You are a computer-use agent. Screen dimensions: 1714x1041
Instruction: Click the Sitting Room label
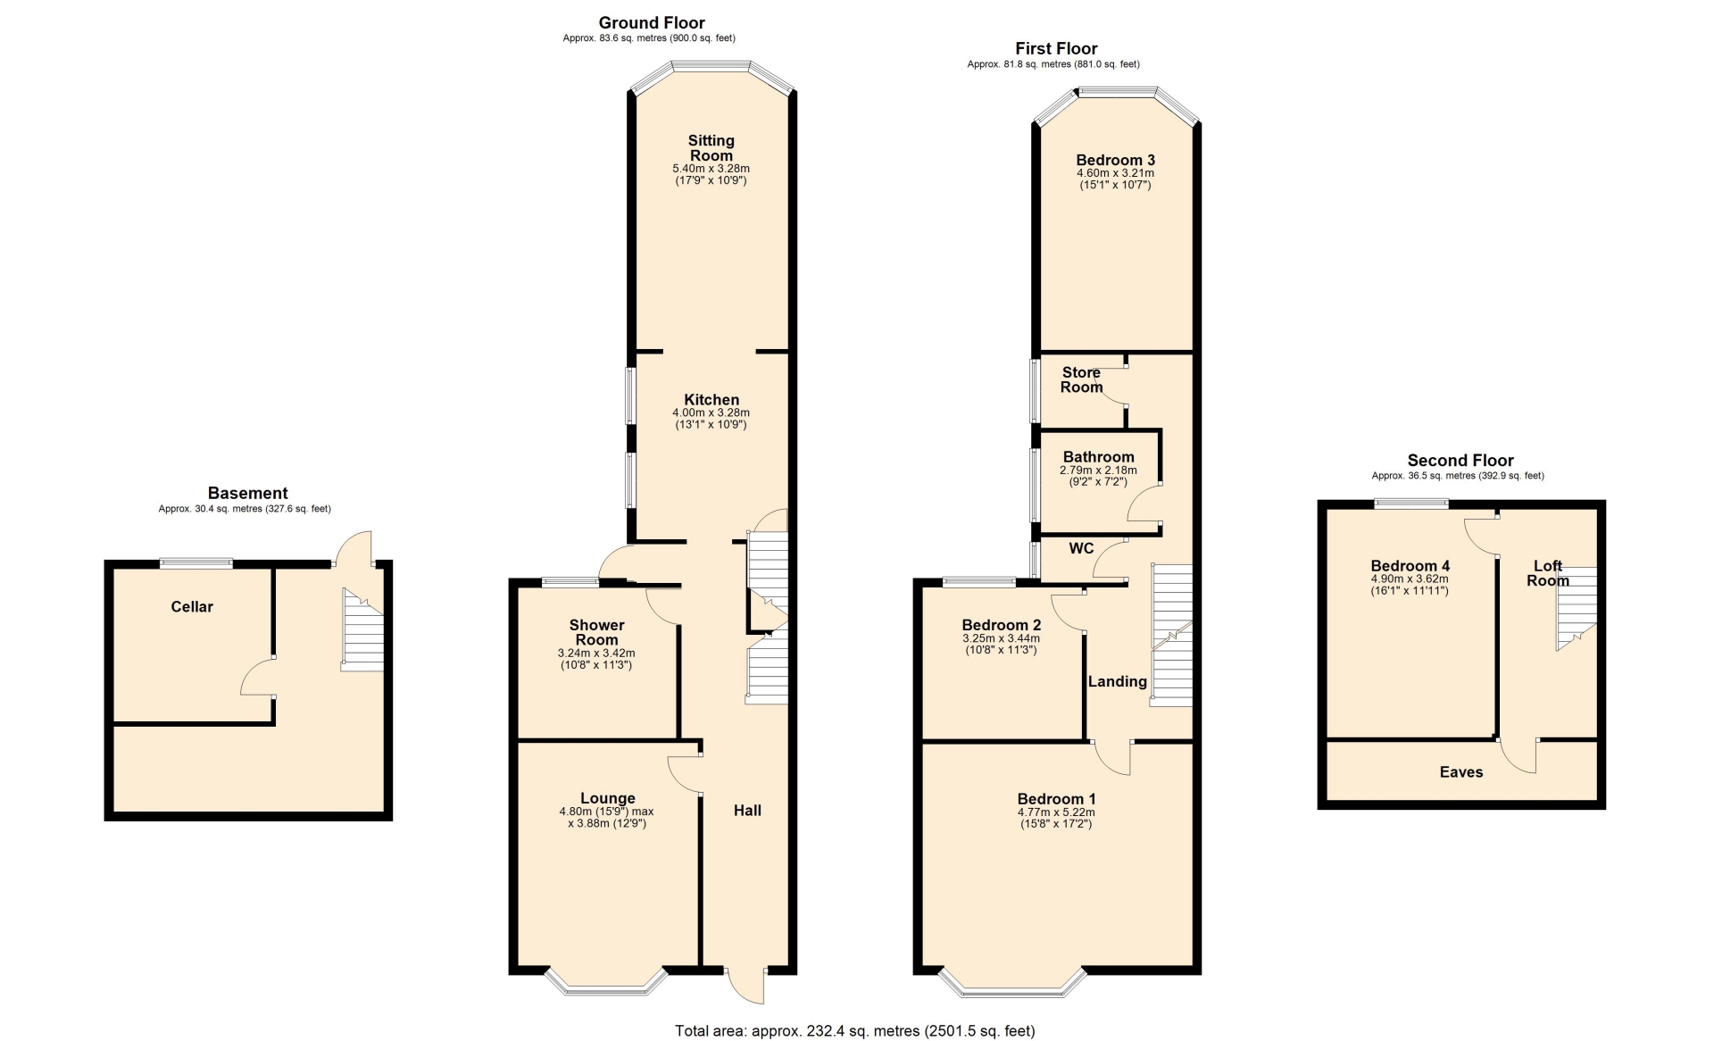pyautogui.click(x=711, y=148)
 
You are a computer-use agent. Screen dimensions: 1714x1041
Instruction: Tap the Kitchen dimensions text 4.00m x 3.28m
pyautogui.click(x=711, y=413)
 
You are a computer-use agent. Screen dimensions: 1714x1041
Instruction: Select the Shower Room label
pyautogui.click(x=596, y=632)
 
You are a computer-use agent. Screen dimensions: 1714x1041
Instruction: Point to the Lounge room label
pyautogui.click(x=608, y=798)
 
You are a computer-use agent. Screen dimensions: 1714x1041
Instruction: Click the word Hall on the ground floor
pyautogui.click(x=747, y=811)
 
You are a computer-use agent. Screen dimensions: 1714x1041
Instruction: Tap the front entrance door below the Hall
pyautogui.click(x=746, y=985)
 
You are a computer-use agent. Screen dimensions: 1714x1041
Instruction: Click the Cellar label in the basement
pyautogui.click(x=192, y=607)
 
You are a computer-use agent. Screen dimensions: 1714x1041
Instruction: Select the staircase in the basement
pyautogui.click(x=362, y=629)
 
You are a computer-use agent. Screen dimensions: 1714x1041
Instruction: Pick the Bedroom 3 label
pyautogui.click(x=1115, y=161)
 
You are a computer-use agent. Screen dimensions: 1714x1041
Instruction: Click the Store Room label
pyautogui.click(x=1081, y=379)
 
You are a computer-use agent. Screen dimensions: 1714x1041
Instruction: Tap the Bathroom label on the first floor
pyautogui.click(x=1098, y=457)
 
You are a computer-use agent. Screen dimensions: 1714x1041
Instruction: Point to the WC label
pyautogui.click(x=1081, y=548)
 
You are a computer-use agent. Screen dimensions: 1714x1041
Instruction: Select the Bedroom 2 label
pyautogui.click(x=1001, y=625)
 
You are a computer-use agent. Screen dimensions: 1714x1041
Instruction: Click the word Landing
pyautogui.click(x=1117, y=682)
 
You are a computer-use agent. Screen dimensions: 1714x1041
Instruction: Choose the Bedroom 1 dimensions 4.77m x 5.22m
pyautogui.click(x=1056, y=812)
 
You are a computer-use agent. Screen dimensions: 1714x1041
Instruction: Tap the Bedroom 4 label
pyautogui.click(x=1410, y=566)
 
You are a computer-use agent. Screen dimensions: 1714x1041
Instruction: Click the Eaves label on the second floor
pyautogui.click(x=1461, y=772)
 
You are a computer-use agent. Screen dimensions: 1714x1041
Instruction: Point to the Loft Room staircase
pyautogui.click(x=1576, y=607)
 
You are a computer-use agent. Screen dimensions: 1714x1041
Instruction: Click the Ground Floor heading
pyautogui.click(x=652, y=23)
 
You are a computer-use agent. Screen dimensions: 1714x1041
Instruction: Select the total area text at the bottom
pyautogui.click(x=855, y=1031)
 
